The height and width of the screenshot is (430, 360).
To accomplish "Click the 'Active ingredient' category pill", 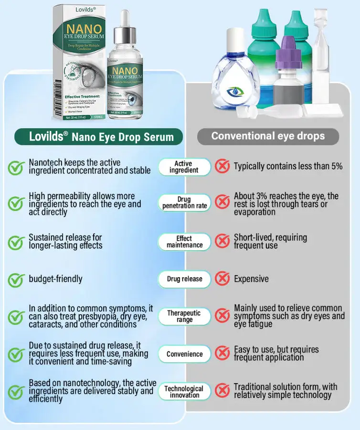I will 184,167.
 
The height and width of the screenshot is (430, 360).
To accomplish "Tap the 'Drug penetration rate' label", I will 185,203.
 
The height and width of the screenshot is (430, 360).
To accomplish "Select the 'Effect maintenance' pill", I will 184,242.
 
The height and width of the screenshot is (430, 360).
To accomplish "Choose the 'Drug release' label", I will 184,279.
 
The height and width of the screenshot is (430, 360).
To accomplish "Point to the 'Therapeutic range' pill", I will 184,316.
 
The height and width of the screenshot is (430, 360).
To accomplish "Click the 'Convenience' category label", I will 184,355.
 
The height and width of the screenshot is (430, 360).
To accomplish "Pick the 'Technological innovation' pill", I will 184,392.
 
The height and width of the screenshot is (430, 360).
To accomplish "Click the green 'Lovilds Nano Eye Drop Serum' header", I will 99,137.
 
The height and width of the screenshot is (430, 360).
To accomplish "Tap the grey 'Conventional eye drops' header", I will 268,136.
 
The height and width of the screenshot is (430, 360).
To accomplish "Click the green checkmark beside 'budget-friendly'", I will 16,279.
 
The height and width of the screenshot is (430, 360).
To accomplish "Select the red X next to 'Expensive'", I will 222,279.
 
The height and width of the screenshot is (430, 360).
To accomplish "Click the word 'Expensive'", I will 251,279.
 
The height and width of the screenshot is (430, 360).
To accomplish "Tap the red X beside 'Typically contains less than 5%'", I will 222,166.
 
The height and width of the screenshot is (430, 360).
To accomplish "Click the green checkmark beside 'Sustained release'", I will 16,242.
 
